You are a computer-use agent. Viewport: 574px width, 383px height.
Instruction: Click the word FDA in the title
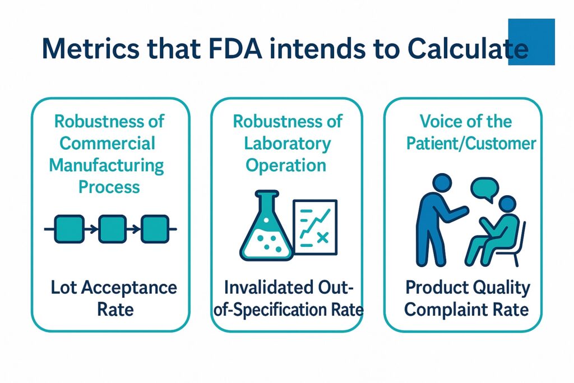coord(235,48)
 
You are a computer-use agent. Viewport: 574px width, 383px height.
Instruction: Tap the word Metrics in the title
coord(91,48)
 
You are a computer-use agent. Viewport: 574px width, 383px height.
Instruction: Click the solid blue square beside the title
coord(531,41)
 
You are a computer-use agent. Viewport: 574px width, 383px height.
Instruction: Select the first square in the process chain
coord(69,229)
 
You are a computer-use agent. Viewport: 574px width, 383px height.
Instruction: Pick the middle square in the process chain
coord(112,229)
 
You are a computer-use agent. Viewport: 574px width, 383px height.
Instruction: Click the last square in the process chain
coord(155,229)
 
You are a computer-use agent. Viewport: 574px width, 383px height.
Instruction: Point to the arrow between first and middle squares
coord(91,229)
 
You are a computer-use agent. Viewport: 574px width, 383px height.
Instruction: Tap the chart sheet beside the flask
coord(315,227)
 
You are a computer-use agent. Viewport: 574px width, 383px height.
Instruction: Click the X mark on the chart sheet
coord(322,238)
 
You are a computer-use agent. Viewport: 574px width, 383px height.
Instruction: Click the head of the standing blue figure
coord(442,183)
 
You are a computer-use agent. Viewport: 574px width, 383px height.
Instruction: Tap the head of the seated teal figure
coord(507,204)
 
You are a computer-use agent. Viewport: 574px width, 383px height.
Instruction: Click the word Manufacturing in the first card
coord(107,165)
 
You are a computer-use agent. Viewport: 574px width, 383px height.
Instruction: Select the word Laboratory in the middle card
coord(288,143)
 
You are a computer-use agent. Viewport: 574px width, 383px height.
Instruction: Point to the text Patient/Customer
coord(471,143)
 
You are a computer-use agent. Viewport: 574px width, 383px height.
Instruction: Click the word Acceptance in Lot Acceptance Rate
coord(129,288)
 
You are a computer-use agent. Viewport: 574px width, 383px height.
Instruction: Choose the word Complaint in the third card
coord(446,310)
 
